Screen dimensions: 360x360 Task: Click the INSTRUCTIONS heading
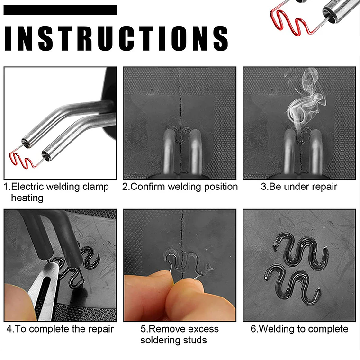point(116,37)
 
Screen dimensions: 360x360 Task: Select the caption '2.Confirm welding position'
point(180,187)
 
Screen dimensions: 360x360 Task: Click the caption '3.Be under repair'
point(299,187)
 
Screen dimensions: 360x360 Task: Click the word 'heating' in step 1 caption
point(27,198)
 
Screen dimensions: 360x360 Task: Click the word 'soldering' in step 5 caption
point(162,340)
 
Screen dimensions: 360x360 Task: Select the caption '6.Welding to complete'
point(299,329)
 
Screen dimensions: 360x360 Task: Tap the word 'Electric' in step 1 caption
point(28,187)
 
